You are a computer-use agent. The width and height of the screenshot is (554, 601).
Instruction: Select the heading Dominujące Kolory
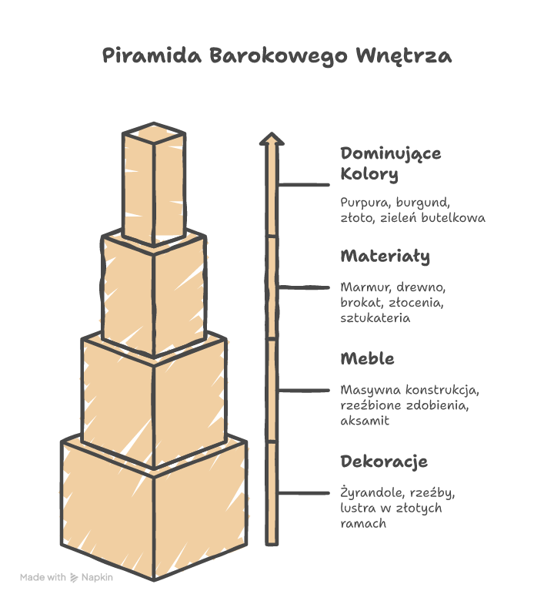tap(391, 163)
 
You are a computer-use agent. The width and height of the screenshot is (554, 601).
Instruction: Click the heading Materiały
tap(385, 256)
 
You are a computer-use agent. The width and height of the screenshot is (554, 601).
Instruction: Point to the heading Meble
tap(367, 358)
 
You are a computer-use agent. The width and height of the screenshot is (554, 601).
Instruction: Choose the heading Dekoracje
tap(383, 462)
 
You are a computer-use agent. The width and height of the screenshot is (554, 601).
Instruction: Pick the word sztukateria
tap(375, 317)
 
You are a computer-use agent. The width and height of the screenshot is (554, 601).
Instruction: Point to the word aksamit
tap(365, 421)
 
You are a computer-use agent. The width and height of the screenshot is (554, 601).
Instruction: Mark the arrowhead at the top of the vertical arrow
tap(270, 139)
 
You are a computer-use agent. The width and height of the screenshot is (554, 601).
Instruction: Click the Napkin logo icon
tap(75, 577)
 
